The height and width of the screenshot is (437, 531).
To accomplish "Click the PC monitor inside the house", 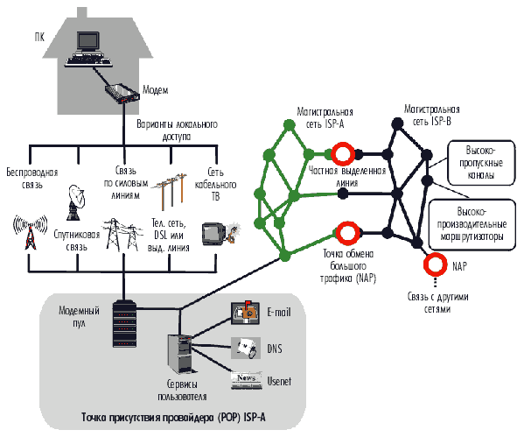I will [x=89, y=41].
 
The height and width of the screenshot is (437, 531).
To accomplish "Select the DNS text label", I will [x=274, y=348].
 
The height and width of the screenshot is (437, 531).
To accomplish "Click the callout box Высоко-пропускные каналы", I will [x=477, y=160].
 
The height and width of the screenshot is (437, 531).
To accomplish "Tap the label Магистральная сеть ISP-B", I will [x=432, y=116].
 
